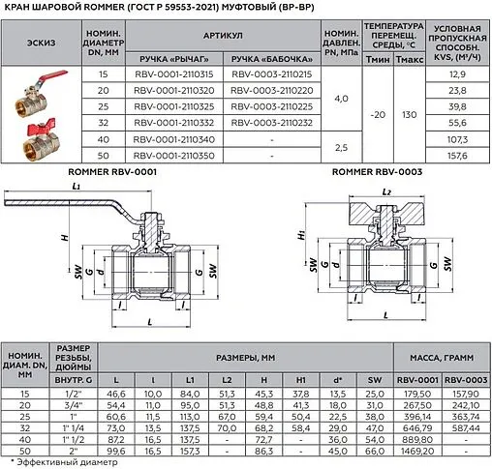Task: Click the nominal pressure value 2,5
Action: [341, 146]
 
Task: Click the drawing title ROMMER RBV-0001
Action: [111, 171]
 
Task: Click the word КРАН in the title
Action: [21, 9]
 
